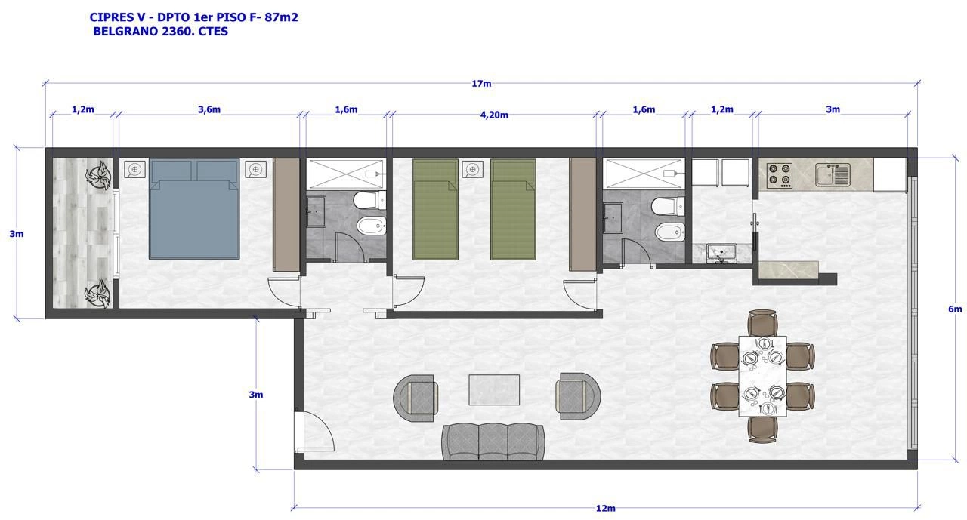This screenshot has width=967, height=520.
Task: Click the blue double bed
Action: pyautogui.click(x=194, y=209)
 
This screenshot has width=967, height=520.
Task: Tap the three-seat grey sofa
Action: pyautogui.click(x=493, y=442)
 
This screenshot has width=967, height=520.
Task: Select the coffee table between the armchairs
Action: pyautogui.click(x=494, y=389)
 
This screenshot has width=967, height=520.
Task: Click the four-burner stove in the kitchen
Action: pyautogui.click(x=779, y=175)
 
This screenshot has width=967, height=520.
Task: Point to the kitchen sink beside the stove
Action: pyautogui.click(x=833, y=174)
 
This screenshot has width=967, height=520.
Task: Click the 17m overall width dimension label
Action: pyautogui.click(x=481, y=84)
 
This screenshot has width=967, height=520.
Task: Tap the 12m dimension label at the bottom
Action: pyautogui.click(x=605, y=509)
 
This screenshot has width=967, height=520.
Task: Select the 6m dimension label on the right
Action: pyautogui.click(x=955, y=309)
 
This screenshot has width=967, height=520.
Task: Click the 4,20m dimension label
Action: pyautogui.click(x=494, y=115)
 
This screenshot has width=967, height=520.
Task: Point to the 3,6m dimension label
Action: pyautogui.click(x=209, y=109)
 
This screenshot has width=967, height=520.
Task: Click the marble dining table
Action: pyautogui.click(x=762, y=376)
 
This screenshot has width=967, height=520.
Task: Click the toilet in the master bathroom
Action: pyautogui.click(x=369, y=201)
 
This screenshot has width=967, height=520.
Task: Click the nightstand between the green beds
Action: pyautogui.click(x=472, y=169)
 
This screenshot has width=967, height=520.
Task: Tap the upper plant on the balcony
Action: pyautogui.click(x=98, y=174)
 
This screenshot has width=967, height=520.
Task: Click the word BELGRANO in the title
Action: pyautogui.click(x=125, y=32)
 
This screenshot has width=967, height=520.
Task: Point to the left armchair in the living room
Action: pyautogui.click(x=416, y=398)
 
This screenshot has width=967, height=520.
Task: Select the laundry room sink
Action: pyautogui.click(x=721, y=253)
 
